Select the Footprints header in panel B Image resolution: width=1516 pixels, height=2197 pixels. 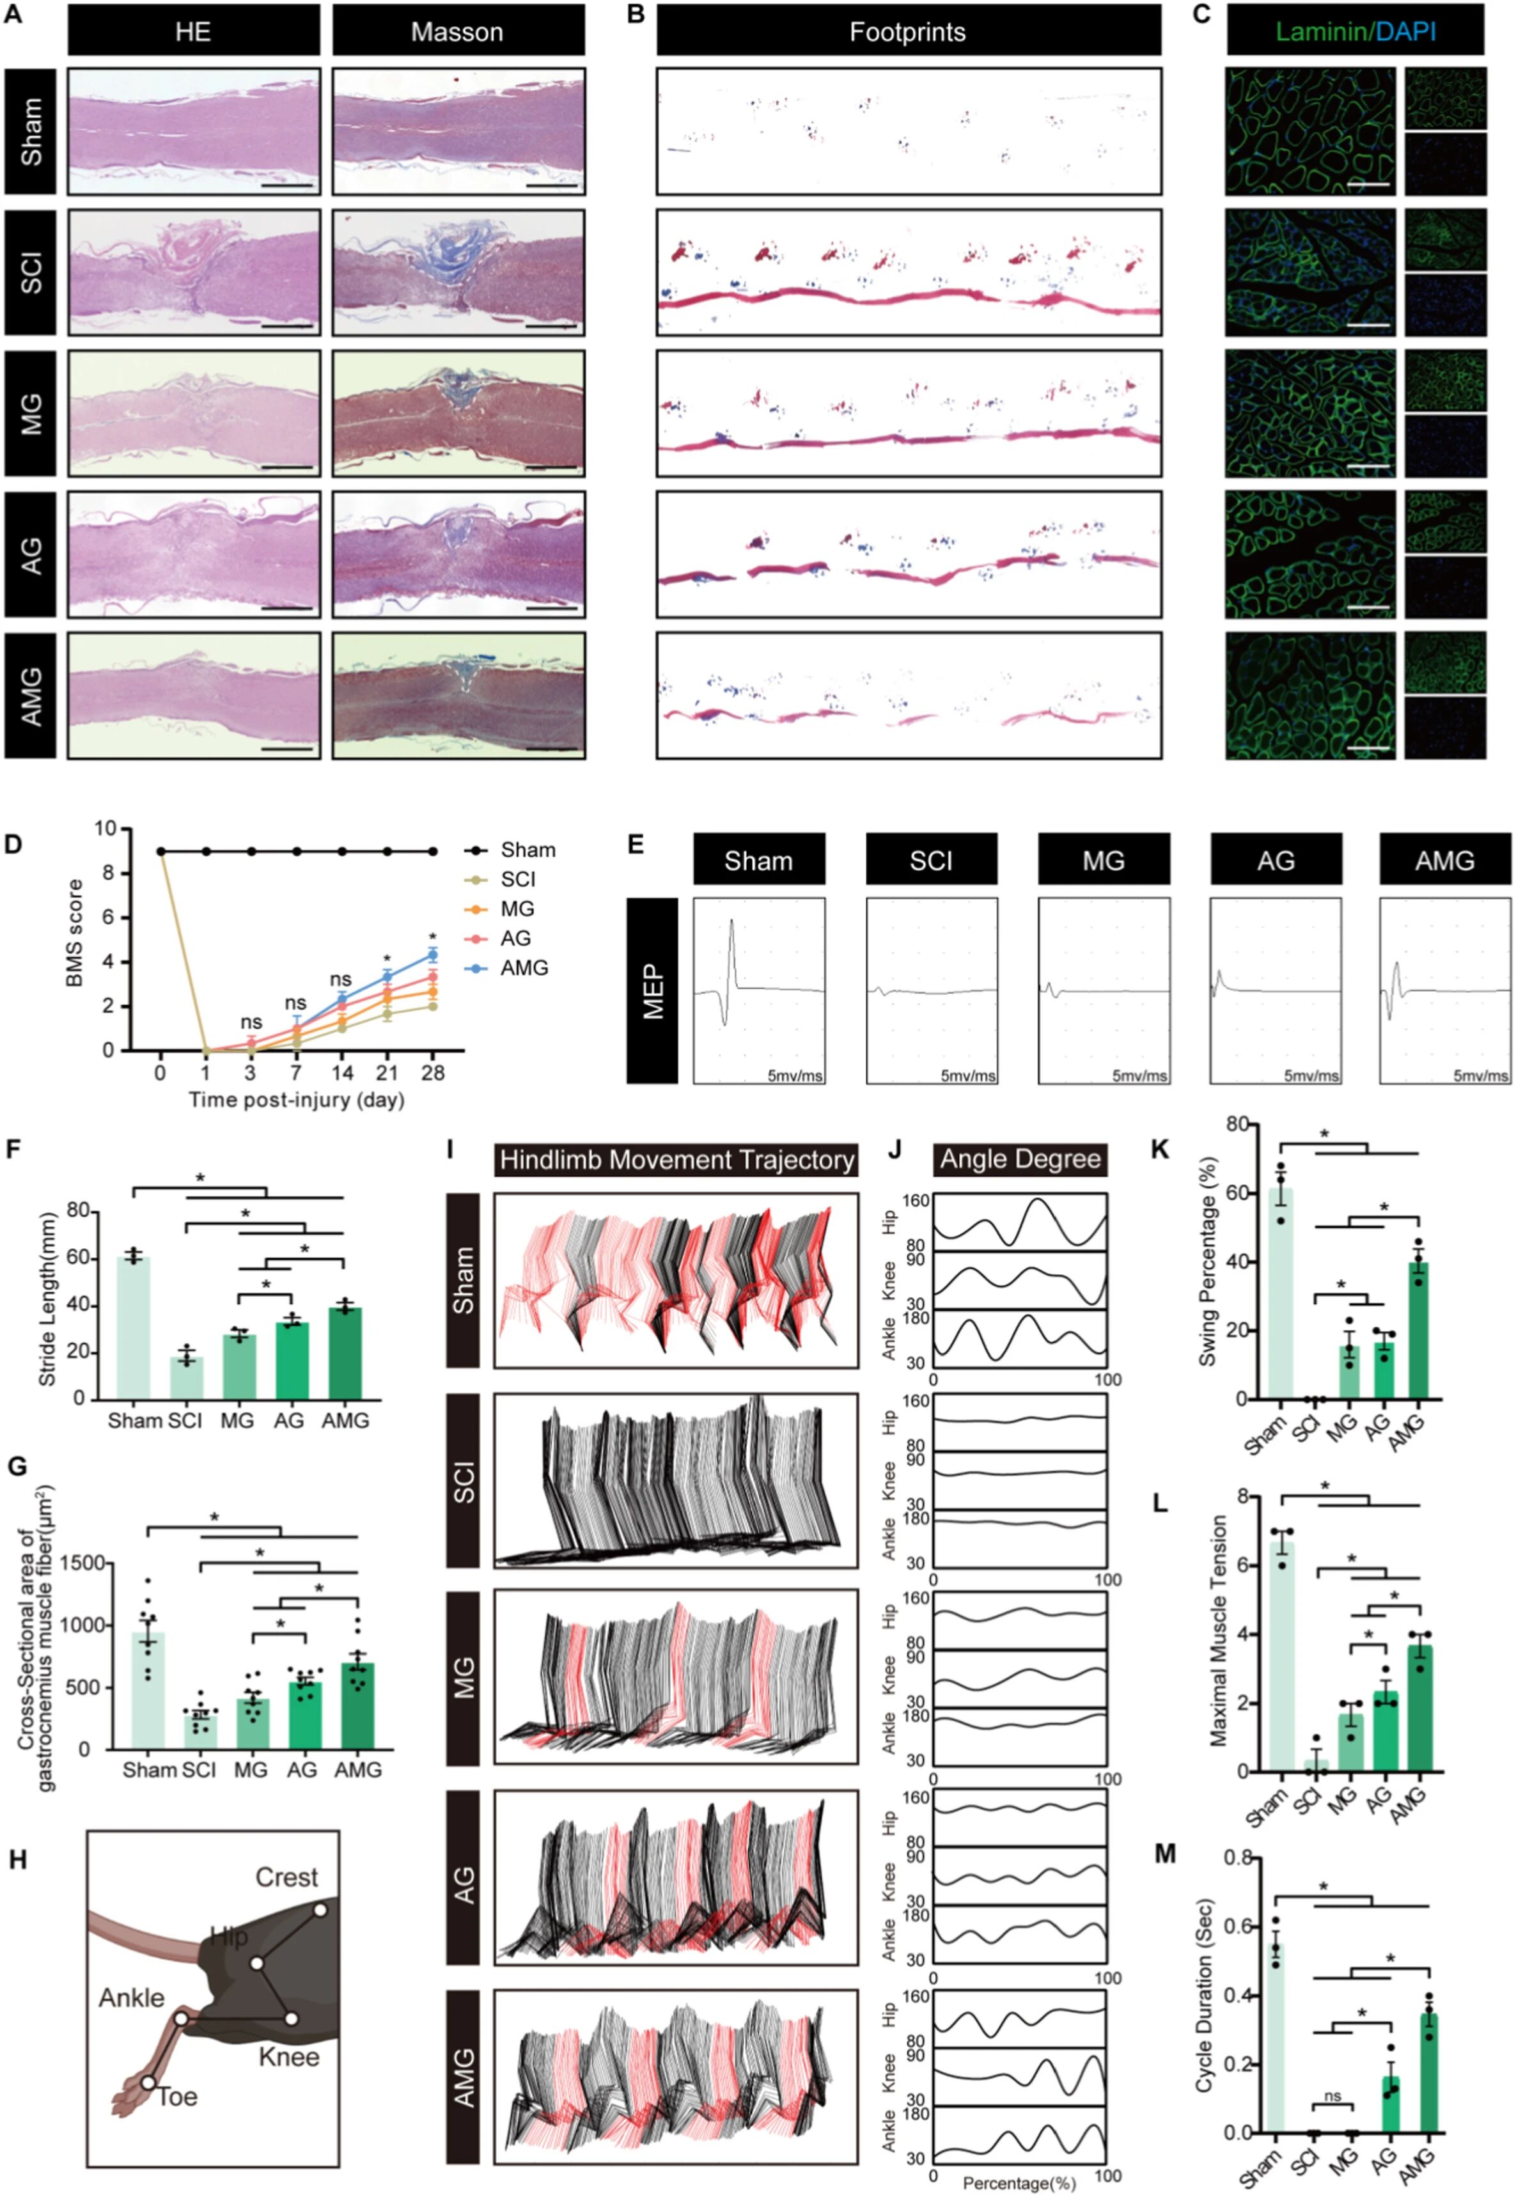907,33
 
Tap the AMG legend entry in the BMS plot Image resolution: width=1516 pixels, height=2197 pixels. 524,968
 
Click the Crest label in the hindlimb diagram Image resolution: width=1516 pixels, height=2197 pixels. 286,1878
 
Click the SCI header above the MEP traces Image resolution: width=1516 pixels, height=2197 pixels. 931,861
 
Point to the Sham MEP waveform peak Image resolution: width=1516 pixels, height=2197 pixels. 731,921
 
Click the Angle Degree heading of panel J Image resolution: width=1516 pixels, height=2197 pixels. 1020,1160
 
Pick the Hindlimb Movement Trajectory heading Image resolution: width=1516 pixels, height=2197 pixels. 676,1160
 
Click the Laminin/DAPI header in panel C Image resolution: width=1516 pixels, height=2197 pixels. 1354,33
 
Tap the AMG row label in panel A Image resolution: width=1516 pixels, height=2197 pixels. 31,696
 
